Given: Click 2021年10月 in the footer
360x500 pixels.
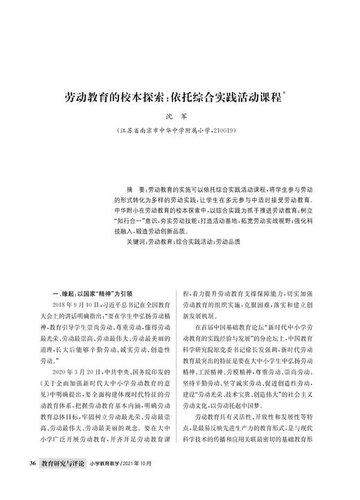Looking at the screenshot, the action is [x=146, y=481].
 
